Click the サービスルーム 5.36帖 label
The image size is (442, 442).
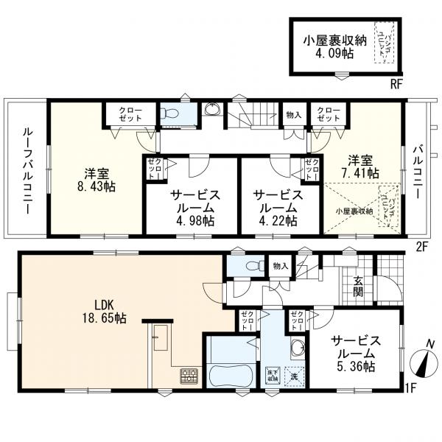click(355, 354)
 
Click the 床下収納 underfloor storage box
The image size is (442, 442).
click(272, 375)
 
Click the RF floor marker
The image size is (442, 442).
click(396, 84)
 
